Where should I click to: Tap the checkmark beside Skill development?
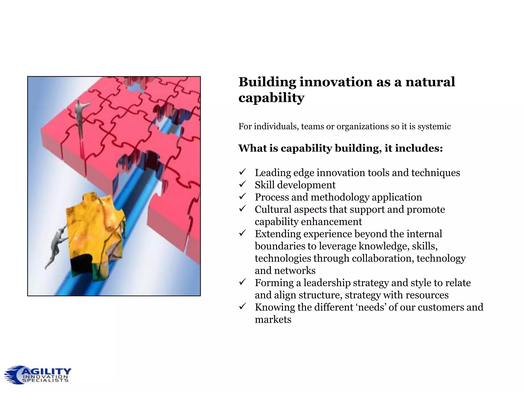(242, 184)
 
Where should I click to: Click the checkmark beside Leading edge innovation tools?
(242, 172)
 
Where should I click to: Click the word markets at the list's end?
(273, 320)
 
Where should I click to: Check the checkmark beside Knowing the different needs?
(242, 306)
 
